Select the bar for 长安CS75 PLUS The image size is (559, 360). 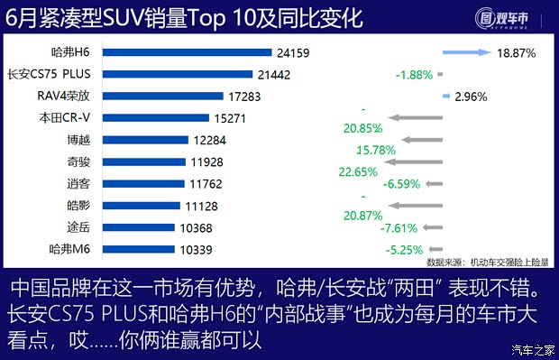click(180, 74)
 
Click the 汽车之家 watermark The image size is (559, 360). click(531, 350)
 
